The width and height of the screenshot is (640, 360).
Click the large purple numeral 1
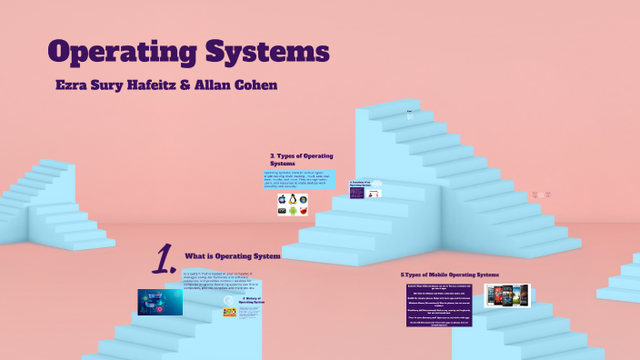[164, 260]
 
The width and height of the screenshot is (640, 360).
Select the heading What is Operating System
[232, 256]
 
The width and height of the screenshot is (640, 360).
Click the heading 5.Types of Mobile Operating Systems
[449, 274]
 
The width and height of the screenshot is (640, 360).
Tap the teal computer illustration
[159, 302]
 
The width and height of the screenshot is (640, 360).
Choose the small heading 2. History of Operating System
[252, 300]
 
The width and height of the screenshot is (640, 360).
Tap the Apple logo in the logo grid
[283, 198]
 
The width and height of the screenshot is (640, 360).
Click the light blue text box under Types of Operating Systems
[299, 178]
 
